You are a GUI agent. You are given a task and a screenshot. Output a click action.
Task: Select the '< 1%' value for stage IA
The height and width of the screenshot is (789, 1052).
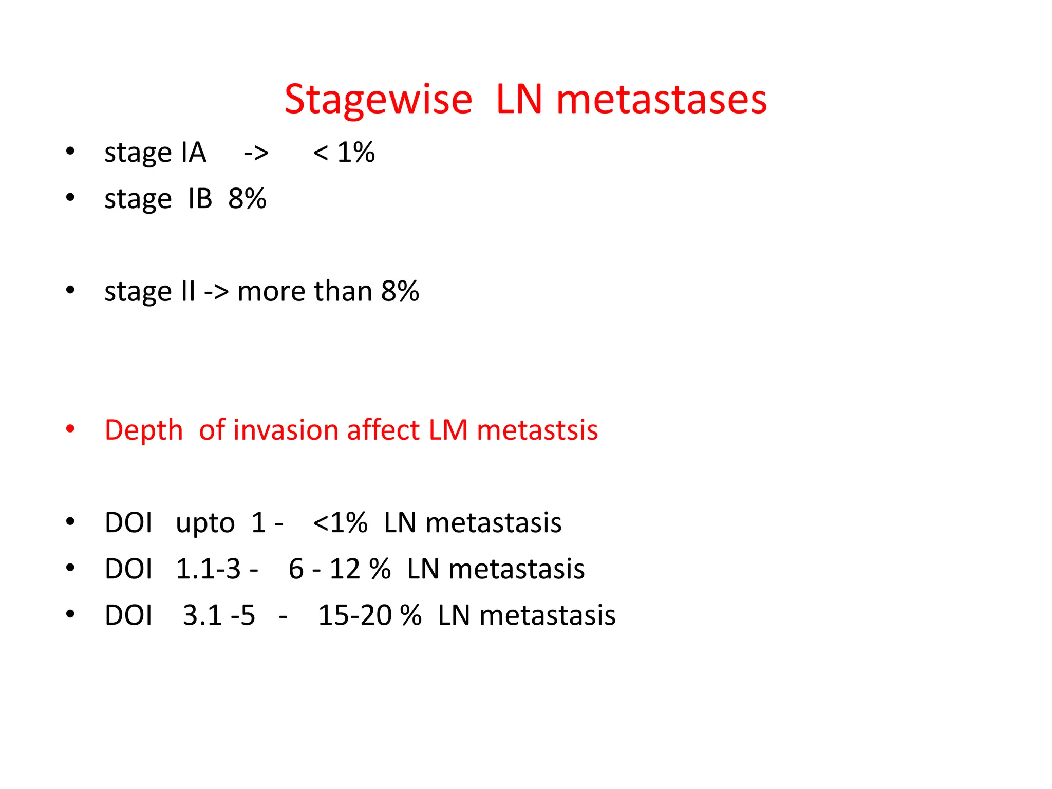pos(344,153)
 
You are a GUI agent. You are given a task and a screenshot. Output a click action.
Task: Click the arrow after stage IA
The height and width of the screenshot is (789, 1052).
pos(256,153)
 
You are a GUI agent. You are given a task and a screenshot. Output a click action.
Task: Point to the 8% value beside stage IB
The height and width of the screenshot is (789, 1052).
pos(247,199)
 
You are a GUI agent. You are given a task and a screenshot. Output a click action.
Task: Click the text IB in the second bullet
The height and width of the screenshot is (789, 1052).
pos(200,199)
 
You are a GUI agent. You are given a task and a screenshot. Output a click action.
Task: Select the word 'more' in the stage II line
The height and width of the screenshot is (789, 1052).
pos(272,292)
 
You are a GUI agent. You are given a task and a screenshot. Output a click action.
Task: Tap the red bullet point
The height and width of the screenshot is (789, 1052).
pos(70,429)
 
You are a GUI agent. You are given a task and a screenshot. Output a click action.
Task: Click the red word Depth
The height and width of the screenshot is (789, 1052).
pos(144,430)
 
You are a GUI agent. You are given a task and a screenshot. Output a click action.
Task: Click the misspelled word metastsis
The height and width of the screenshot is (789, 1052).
pos(537,430)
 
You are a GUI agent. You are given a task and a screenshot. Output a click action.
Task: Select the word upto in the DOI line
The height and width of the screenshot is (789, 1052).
pos(205,523)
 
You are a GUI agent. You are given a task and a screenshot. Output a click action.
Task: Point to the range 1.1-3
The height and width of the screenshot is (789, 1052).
pos(208,569)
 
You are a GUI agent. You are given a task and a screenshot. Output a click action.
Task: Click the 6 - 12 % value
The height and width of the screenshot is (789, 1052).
pos(339,569)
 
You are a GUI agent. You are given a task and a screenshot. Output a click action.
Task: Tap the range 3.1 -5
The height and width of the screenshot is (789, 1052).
pos(219,615)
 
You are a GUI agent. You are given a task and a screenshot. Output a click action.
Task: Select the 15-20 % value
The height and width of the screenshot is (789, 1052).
pos(369,615)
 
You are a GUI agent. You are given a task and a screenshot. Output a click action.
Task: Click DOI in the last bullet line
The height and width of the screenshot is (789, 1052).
pos(128,615)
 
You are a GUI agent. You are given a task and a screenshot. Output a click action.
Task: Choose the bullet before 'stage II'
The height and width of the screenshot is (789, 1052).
pos(70,290)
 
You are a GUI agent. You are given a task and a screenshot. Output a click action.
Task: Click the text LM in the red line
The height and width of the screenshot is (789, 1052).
pos(448,430)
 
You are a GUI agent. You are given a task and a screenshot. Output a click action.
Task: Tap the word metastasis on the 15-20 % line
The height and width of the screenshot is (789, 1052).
pos(547,615)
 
